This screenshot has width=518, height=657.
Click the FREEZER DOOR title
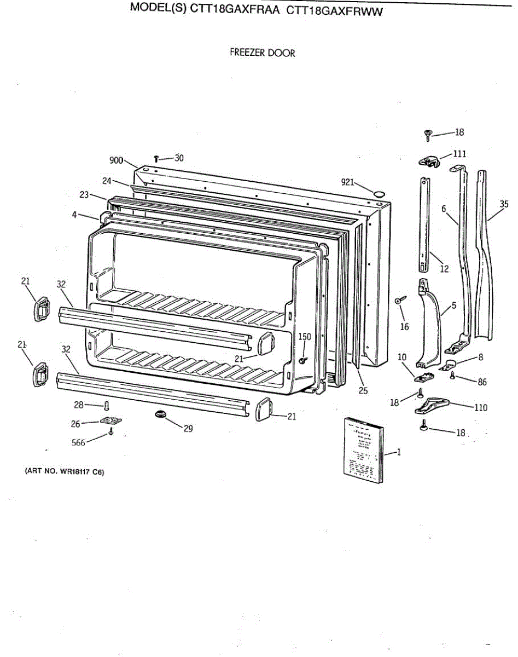[x=262, y=53]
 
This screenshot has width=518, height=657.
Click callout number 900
[x=116, y=160]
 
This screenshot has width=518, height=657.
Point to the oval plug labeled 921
[x=378, y=194]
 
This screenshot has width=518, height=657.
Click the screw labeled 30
[x=156, y=159]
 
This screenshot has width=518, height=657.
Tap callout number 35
[x=504, y=204]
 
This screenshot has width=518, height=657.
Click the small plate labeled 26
[x=110, y=422]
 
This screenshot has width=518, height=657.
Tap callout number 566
[x=79, y=443]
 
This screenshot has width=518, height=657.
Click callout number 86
[x=482, y=382]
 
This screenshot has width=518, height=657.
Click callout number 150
[x=305, y=337]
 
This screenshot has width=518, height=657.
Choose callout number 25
[x=363, y=390]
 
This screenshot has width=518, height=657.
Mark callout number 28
[x=79, y=405]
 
